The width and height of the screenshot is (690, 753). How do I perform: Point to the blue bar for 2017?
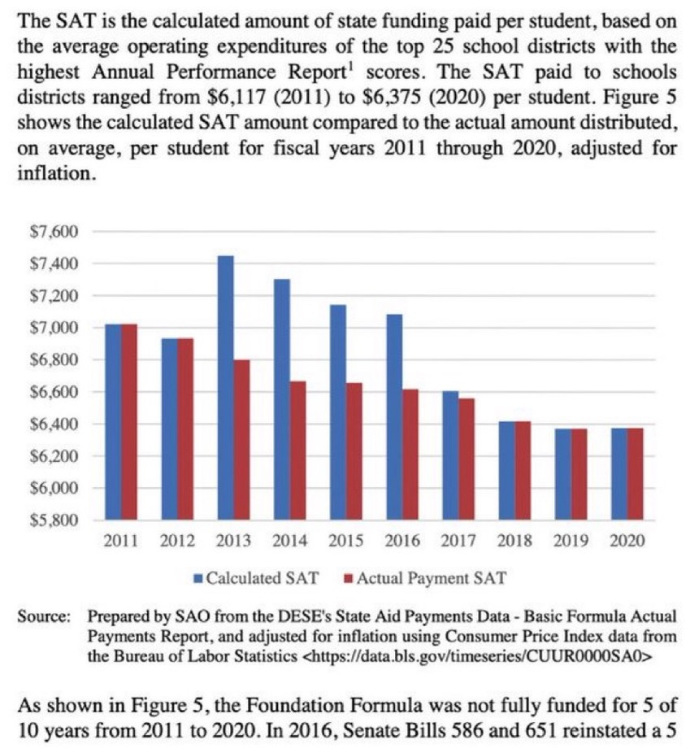tap(450, 455)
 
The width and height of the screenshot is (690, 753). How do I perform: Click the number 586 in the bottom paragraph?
tap(472, 725)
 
